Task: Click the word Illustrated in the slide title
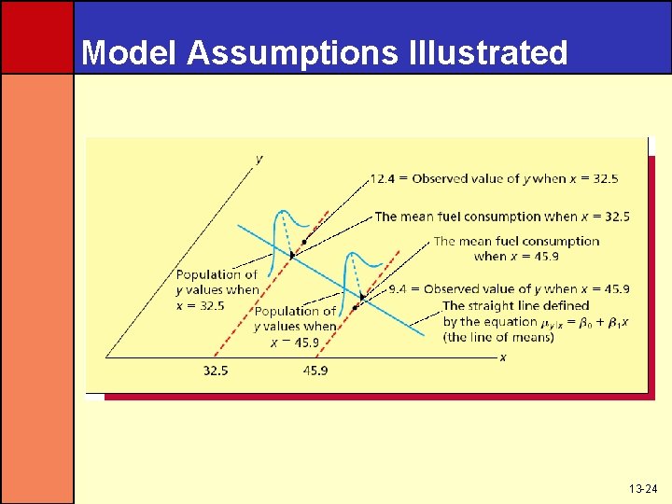487,53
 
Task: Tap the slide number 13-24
645,489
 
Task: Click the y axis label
259,159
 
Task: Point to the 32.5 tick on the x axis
216,371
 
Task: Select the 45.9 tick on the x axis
315,371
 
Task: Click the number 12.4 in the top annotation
383,178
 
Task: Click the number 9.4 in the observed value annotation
398,289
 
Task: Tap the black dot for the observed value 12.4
303,241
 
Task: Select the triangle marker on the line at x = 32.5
291,255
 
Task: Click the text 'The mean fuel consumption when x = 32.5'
501,217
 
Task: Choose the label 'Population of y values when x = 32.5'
217,289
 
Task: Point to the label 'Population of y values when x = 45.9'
295,327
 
